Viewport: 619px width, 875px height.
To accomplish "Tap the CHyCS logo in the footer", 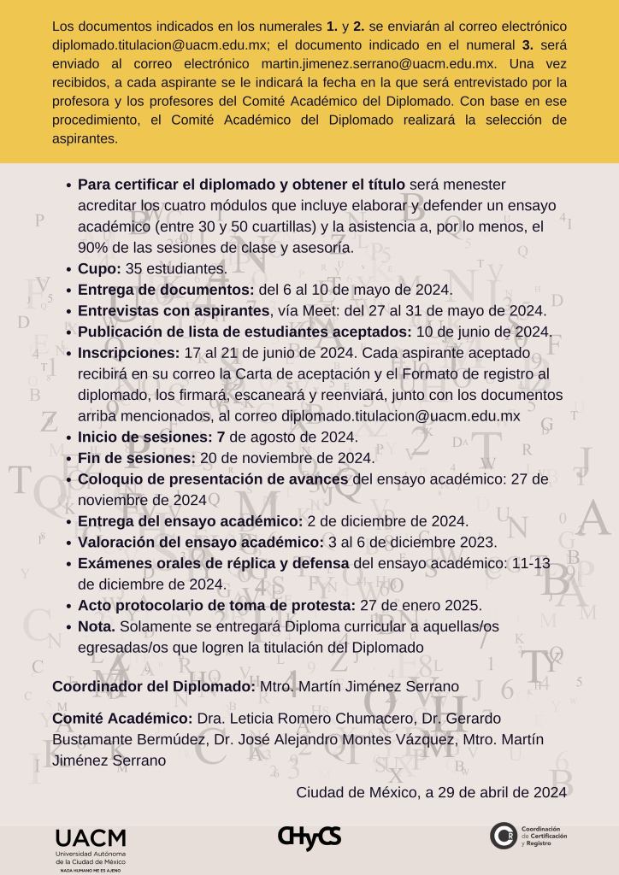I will click(309, 837).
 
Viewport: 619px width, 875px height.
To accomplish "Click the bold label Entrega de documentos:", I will click(166, 290).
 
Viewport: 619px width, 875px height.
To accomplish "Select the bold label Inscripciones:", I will click(129, 353).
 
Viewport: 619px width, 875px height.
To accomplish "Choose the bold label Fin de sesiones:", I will click(137, 458).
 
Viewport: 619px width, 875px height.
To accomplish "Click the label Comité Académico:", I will click(122, 718).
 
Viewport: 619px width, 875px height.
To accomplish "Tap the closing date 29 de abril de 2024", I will click(496, 792).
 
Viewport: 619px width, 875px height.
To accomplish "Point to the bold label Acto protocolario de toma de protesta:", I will click(216, 605).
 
